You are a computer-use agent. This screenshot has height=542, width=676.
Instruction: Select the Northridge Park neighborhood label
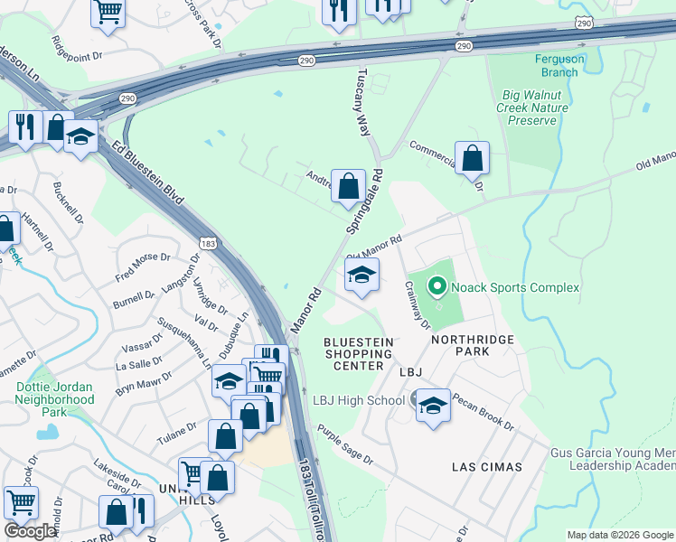(x=472, y=346)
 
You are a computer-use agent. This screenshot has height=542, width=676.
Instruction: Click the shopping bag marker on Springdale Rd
(x=348, y=187)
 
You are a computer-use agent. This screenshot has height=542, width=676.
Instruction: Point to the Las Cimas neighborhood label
(x=487, y=467)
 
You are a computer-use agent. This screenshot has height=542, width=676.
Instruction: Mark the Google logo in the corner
(x=31, y=531)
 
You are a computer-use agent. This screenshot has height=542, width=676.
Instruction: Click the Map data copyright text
(x=621, y=535)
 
